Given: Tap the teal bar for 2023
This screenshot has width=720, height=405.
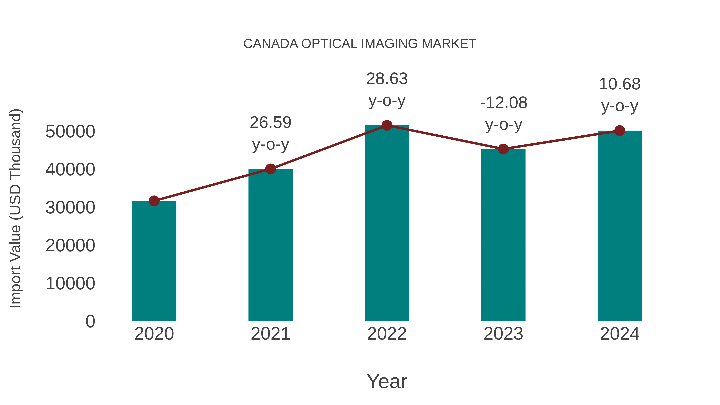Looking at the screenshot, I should (x=503, y=235).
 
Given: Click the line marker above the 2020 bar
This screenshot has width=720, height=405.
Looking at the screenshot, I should (x=154, y=201).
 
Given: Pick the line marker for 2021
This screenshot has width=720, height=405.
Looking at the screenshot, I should (x=270, y=169).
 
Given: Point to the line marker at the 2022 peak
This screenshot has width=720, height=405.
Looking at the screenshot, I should (x=387, y=125).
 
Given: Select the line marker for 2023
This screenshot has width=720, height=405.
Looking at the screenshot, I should (x=503, y=149).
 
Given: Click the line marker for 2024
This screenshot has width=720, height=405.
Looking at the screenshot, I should (x=620, y=131).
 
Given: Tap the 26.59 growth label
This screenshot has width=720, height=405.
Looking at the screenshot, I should (x=270, y=122).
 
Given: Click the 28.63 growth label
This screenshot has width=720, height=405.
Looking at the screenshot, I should (x=387, y=79).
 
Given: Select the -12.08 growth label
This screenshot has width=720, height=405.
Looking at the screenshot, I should (x=503, y=103).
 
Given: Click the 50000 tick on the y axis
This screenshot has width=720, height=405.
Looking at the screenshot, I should (x=70, y=131).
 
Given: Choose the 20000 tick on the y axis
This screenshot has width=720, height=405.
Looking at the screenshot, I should (x=70, y=245).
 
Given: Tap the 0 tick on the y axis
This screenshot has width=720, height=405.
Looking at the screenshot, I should (x=90, y=321).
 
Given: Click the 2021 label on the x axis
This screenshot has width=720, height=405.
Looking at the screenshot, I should (x=270, y=334).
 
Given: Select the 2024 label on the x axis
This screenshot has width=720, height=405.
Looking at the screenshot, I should (x=620, y=334).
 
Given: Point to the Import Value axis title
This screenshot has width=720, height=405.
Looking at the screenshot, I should (x=16, y=208).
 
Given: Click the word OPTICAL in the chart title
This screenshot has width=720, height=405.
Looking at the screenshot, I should (x=329, y=44).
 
